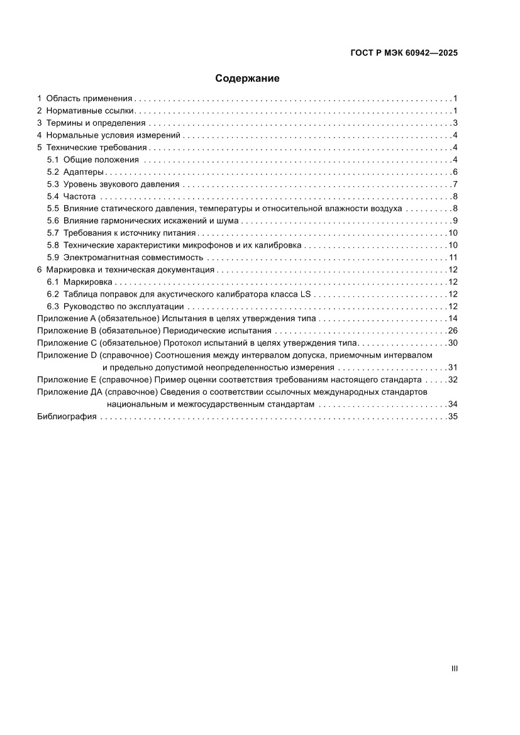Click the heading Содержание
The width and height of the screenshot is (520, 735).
(247, 79)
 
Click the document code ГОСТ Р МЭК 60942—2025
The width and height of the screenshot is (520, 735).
(404, 53)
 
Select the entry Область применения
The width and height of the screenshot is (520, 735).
(89, 99)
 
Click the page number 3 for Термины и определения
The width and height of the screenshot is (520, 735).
(455, 123)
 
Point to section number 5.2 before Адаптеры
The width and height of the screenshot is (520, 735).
(53, 172)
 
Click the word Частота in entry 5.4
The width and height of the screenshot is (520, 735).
(79, 197)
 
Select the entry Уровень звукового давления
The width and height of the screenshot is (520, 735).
(121, 184)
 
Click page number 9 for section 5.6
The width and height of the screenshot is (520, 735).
(455, 221)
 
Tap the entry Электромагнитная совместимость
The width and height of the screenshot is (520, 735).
(133, 258)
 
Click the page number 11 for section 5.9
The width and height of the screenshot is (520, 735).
(452, 258)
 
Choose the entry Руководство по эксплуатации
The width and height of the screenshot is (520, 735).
(124, 307)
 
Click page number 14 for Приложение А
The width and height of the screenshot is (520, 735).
(452, 319)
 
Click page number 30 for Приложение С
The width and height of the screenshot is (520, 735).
(452, 343)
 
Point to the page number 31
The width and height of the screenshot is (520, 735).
(452, 368)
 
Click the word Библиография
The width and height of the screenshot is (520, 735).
(67, 417)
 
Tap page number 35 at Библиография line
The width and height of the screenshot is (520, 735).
(452, 417)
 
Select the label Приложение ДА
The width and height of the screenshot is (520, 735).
(70, 392)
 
